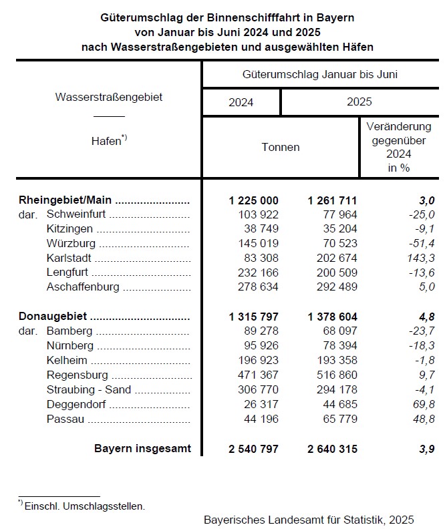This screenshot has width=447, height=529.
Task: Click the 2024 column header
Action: (241, 102)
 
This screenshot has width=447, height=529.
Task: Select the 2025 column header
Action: (359, 102)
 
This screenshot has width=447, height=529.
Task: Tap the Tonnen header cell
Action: (281, 147)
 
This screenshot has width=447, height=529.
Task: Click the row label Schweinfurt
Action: (78, 214)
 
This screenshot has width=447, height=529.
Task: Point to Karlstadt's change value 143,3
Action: (421, 258)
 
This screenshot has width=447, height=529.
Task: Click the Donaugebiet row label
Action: (53, 317)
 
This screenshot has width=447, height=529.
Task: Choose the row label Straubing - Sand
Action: (89, 390)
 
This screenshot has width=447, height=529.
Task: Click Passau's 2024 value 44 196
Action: (259, 419)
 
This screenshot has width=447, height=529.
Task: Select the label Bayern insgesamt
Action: (142, 449)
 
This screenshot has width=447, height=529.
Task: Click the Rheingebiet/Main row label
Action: (65, 200)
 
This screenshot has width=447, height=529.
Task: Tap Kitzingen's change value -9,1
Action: (424, 228)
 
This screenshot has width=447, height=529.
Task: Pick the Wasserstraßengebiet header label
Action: (108, 97)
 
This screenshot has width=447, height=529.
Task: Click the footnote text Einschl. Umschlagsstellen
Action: (84, 506)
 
